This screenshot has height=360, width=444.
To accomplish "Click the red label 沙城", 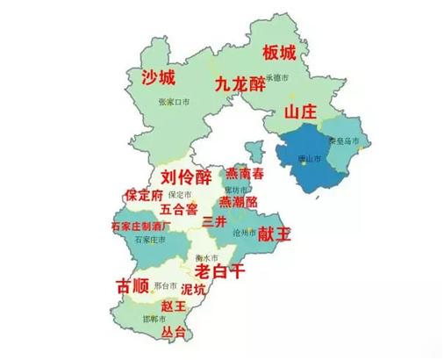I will [x=160, y=77].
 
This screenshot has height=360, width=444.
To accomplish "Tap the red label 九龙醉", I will [x=240, y=84].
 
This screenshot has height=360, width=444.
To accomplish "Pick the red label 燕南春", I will [x=245, y=174].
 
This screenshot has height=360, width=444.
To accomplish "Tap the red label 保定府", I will [x=144, y=194].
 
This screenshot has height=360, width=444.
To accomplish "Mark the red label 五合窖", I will [x=179, y=210].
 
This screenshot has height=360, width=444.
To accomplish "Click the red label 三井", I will [x=214, y=220].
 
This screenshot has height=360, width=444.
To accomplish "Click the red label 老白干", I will [x=218, y=270].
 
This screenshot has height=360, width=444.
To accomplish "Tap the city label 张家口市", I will [x=175, y=103].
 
